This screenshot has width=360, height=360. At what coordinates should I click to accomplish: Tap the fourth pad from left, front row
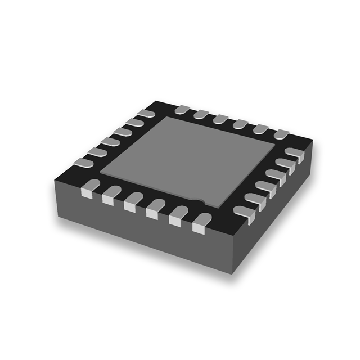154,209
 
